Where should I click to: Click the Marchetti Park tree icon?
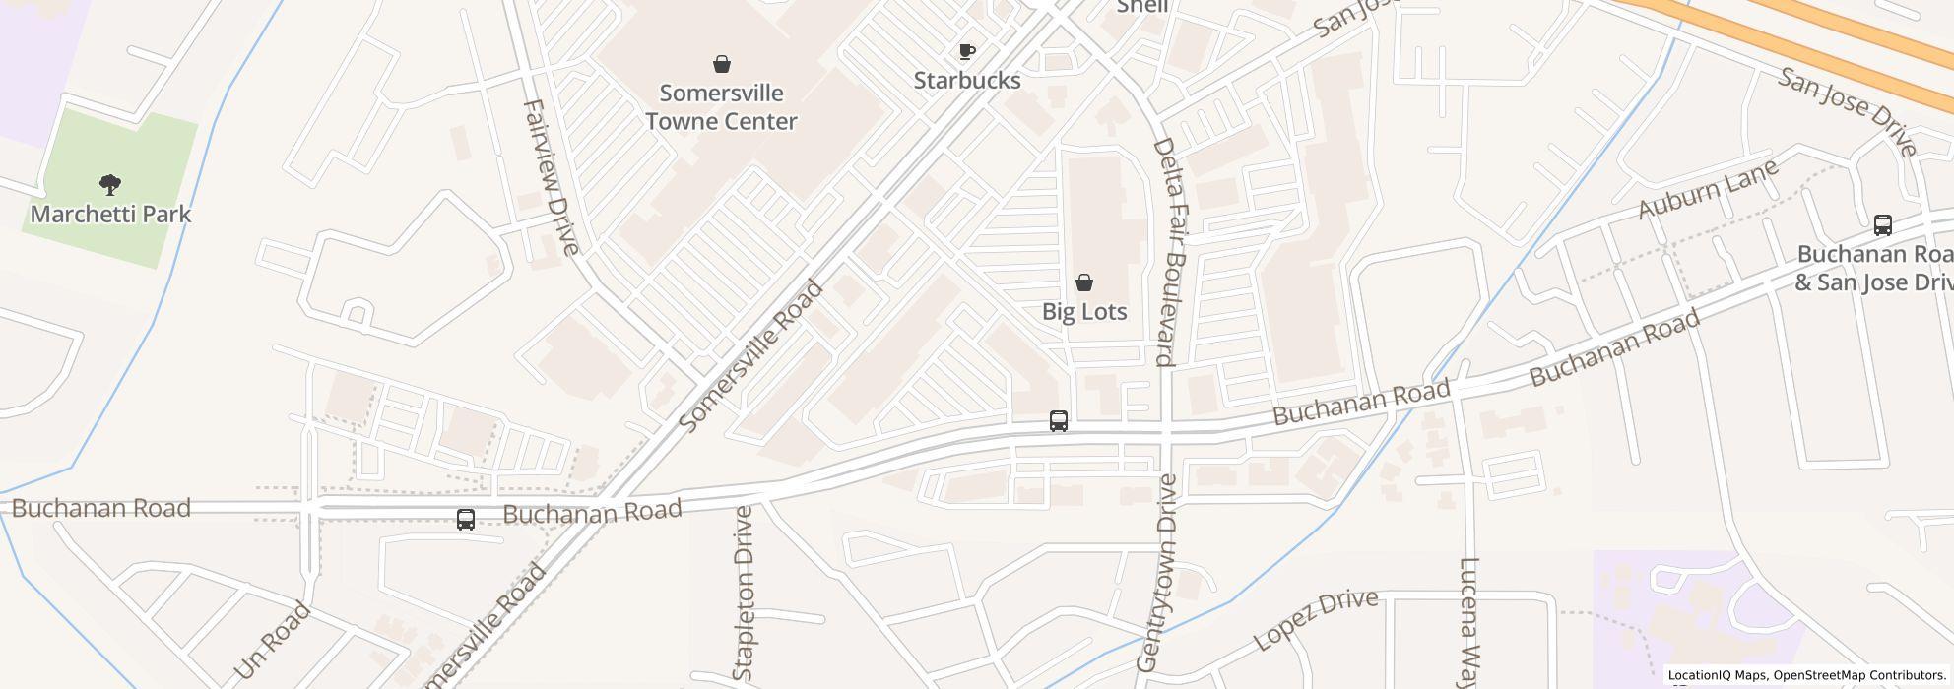pos(110,183)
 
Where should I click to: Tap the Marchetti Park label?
pos(110,214)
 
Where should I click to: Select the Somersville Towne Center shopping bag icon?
pos(722,64)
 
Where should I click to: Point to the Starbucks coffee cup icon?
pos(967,51)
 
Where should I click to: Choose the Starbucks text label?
pos(967,80)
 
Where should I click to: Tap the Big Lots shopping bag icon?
pos(1084,282)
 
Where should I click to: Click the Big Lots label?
pos(1084,311)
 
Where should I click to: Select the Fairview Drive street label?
pos(550,177)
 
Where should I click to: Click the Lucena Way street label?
pos(1470,624)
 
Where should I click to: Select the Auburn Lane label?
pos(1708,188)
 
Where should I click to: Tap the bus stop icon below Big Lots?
pos(1059,421)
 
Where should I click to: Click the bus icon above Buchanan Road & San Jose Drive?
pos(1882,224)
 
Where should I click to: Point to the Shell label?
pos(1142,7)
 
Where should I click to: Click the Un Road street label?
pos(273,642)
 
